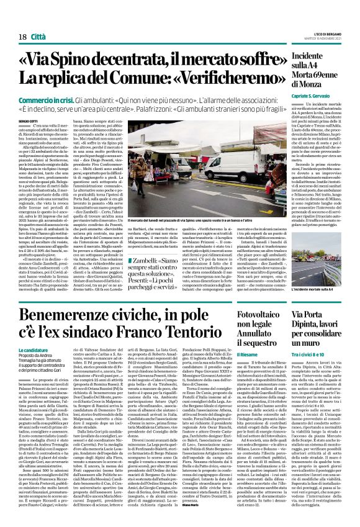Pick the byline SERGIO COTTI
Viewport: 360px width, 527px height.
point(28,120)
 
